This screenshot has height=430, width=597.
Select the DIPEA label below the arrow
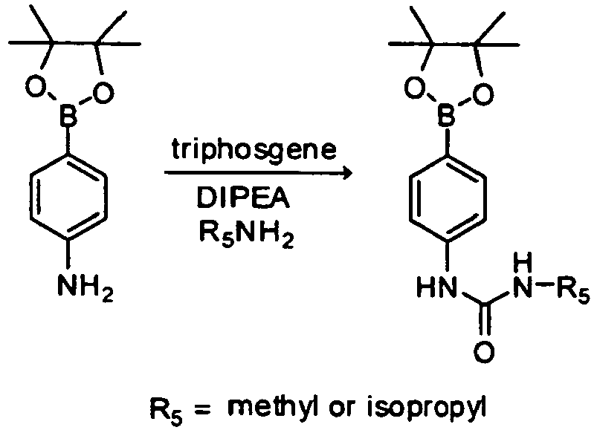(243, 198)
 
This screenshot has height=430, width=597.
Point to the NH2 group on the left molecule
(85, 288)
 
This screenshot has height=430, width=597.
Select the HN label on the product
(436, 287)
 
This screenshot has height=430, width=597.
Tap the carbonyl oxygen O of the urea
(484, 352)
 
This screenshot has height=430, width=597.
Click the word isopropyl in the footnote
(427, 408)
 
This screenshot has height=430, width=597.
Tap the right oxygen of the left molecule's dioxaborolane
(104, 92)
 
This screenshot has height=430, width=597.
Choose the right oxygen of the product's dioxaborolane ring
(483, 94)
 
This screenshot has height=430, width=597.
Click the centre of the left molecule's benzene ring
(68, 198)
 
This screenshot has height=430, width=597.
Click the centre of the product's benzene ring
(448, 198)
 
